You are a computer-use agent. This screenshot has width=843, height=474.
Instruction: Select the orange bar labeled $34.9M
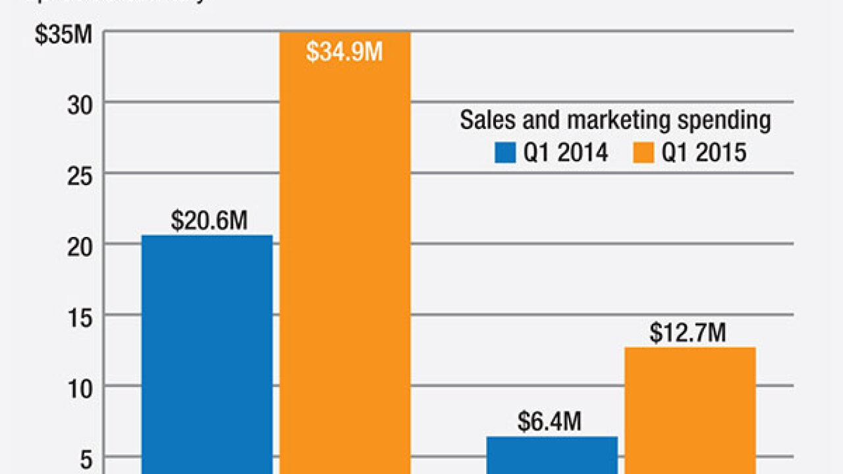pyautogui.click(x=344, y=263)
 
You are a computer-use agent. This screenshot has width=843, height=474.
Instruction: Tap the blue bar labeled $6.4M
pyautogui.click(x=552, y=454)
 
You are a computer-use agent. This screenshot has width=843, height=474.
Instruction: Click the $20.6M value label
pyautogui.click(x=209, y=221)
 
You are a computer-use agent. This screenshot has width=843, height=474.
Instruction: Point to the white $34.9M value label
pyautogui.click(x=344, y=51)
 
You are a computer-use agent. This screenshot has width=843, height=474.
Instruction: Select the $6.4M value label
pyautogui.click(x=549, y=422)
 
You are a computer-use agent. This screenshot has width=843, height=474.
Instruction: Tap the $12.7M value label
pyautogui.click(x=688, y=333)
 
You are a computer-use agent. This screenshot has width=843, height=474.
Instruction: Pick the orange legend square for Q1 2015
pyautogui.click(x=645, y=153)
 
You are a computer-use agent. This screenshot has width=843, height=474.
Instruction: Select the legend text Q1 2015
pyautogui.click(x=704, y=153)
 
